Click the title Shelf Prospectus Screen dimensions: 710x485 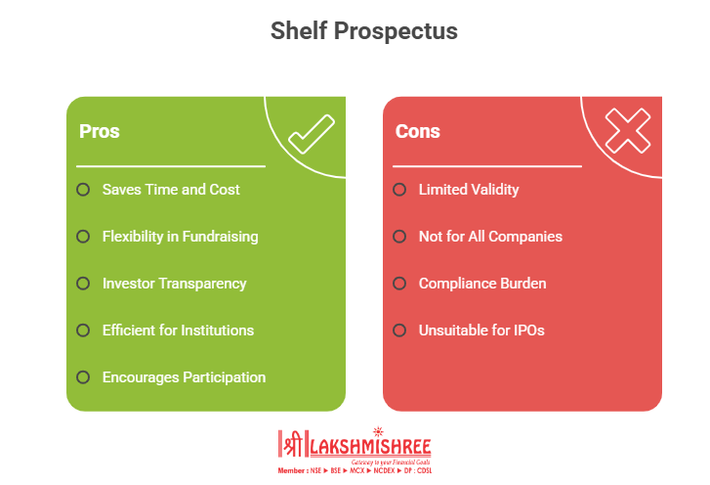tap(364, 31)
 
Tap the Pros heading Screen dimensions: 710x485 tap(100, 131)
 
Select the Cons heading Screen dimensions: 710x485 tap(417, 131)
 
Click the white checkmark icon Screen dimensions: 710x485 tap(312, 134)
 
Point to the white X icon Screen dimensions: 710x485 tap(628, 131)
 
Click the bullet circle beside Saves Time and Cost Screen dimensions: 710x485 tap(83, 190)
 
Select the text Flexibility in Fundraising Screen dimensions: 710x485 tap(181, 237)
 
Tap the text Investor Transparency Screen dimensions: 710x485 tap(175, 284)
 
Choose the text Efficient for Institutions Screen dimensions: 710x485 tap(178, 331)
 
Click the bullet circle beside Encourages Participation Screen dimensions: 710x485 tap(83, 377)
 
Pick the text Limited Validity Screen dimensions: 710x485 tap(469, 190)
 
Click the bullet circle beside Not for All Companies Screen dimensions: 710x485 tap(399, 237)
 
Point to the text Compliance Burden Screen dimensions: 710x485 tap(482, 284)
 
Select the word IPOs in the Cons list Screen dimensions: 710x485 tap(529, 331)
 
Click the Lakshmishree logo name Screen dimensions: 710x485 tap(370, 447)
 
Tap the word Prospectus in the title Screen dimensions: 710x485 tap(396, 31)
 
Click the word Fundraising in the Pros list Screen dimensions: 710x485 tap(220, 237)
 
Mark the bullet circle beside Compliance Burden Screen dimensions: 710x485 tap(399, 284)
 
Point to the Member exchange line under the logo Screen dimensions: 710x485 tap(355, 471)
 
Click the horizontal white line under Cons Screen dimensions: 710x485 tap(487, 166)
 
